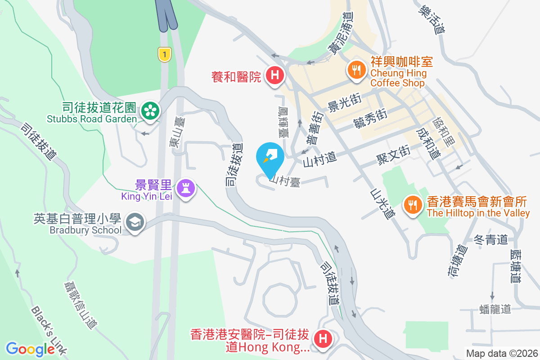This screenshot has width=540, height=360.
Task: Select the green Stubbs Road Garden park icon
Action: (x=149, y=110)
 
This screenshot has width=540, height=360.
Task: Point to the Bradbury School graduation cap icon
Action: (x=134, y=222)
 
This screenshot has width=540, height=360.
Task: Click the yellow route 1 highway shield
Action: (x=165, y=55)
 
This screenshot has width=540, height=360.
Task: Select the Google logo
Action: (x=31, y=349)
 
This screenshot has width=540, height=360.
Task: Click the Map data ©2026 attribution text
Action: (x=502, y=354)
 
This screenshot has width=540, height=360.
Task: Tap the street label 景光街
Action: (x=345, y=106)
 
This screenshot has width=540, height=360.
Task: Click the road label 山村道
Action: (x=319, y=159)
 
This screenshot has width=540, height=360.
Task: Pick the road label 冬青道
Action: (x=490, y=240)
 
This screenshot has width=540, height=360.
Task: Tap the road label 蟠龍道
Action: (x=495, y=309)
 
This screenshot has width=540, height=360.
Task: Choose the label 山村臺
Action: (x=285, y=180)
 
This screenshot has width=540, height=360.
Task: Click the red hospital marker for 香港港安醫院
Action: (x=323, y=339)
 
